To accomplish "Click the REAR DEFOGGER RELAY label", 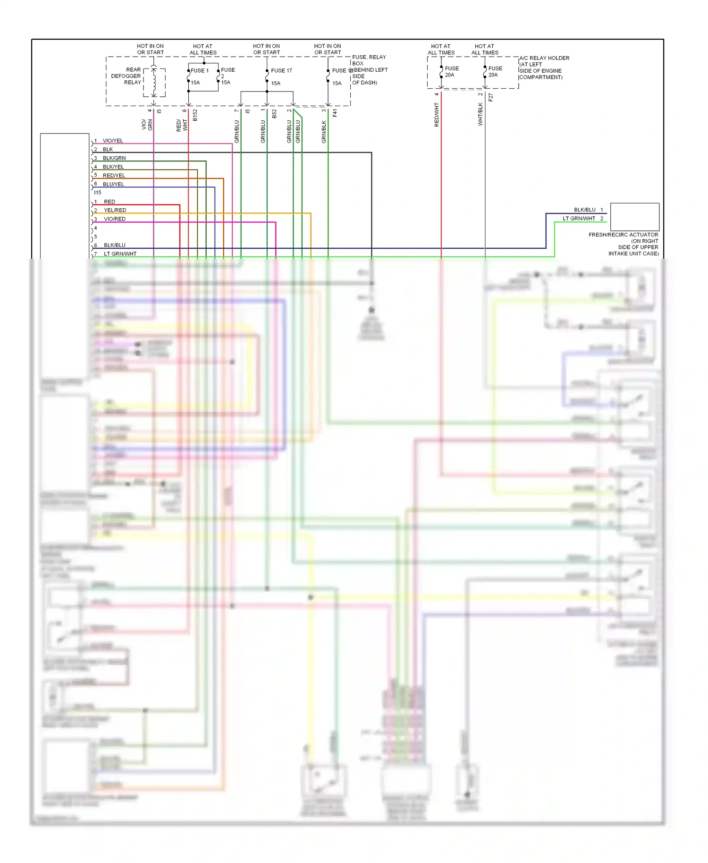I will pyautogui.click(x=126, y=76).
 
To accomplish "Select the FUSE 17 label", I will pyautogui.click(x=281, y=71).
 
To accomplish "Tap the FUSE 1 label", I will pyautogui.click(x=200, y=71).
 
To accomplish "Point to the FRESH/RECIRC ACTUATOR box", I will pyautogui.click(x=634, y=217).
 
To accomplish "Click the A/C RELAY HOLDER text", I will pyautogui.click(x=544, y=58).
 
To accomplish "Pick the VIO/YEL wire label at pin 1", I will pyautogui.click(x=113, y=141).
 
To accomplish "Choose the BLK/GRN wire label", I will pyautogui.click(x=114, y=158).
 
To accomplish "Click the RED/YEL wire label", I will pyautogui.click(x=114, y=176).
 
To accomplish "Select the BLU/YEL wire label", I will pyautogui.click(x=113, y=184).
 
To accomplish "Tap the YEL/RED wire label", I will pyautogui.click(x=115, y=210).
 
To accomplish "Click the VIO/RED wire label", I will pyautogui.click(x=115, y=219).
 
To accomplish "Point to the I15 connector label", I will pyautogui.click(x=98, y=193).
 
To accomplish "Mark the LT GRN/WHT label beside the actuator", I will pyautogui.click(x=579, y=219).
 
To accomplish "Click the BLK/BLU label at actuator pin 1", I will pyautogui.click(x=584, y=210).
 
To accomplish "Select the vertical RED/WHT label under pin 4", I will pyautogui.click(x=437, y=115).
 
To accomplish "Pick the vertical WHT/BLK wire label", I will pyautogui.click(x=480, y=114).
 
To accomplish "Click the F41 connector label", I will pyautogui.click(x=335, y=113).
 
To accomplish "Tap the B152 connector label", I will pyautogui.click(x=195, y=115).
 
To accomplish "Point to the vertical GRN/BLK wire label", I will pyautogui.click(x=324, y=132).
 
